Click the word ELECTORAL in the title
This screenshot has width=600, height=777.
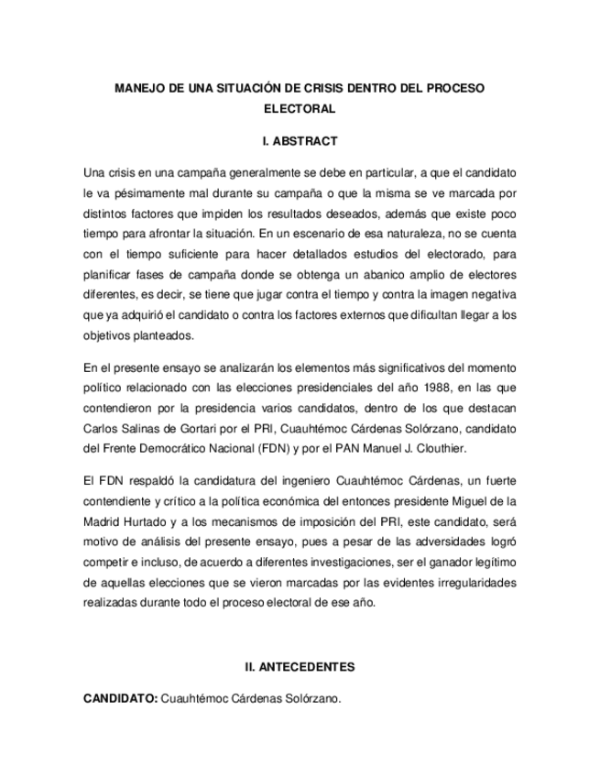coord(300,109)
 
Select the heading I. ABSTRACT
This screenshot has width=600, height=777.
coord(300,142)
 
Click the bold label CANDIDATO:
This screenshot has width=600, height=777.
coord(120,698)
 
